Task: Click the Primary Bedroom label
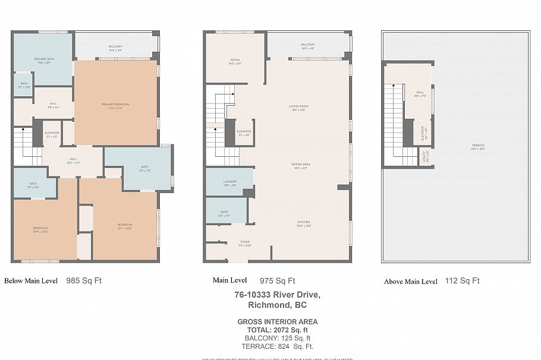click(115, 105)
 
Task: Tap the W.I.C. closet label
click(53, 104)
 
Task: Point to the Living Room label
click(298, 106)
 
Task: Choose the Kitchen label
click(304, 223)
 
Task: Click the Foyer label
click(244, 242)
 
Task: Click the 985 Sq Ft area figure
click(84, 280)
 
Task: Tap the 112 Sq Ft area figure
click(462, 281)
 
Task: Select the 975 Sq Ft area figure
click(277, 281)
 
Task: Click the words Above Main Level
click(411, 282)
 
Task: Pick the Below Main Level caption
click(31, 281)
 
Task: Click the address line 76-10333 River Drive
click(277, 295)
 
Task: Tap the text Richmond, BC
click(277, 305)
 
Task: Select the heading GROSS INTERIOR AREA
click(277, 322)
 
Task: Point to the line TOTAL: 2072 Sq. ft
click(277, 330)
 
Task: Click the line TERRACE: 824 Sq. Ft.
click(277, 346)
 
